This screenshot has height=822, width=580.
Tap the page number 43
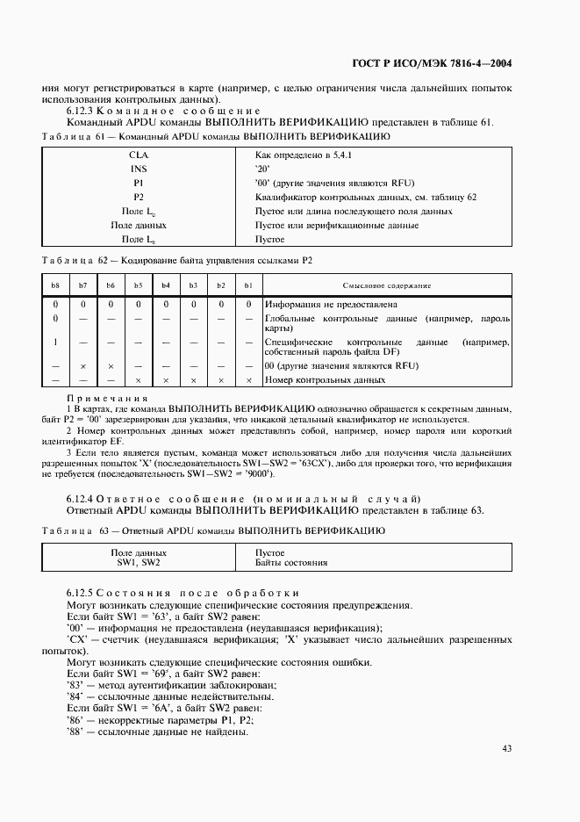507,748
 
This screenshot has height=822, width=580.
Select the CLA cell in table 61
139,155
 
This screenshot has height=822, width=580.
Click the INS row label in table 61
139,169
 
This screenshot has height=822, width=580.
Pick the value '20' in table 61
261,169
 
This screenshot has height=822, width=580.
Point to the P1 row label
139,183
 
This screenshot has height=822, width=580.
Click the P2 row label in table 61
139,197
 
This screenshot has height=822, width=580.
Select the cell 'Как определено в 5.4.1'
303,155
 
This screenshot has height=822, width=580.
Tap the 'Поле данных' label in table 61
139,225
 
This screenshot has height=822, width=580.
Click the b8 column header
55,285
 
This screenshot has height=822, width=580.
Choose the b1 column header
248,285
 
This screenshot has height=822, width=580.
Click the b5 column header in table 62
138,285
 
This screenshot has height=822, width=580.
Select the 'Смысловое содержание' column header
385,285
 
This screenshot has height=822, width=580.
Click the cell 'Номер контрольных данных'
325,380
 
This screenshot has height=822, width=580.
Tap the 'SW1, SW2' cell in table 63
139,562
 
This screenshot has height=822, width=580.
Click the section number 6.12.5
80,595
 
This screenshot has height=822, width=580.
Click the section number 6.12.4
80,499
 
